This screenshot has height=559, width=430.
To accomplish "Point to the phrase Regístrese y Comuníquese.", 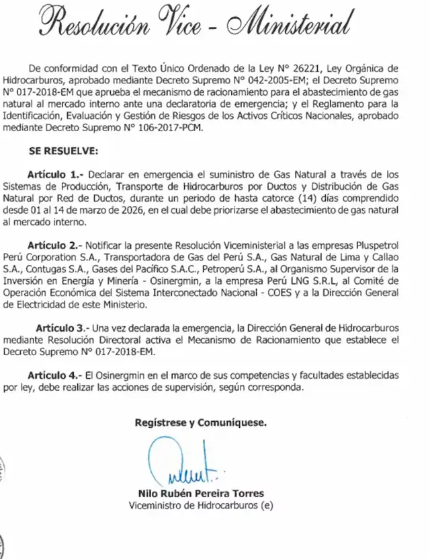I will (x=200, y=423).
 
